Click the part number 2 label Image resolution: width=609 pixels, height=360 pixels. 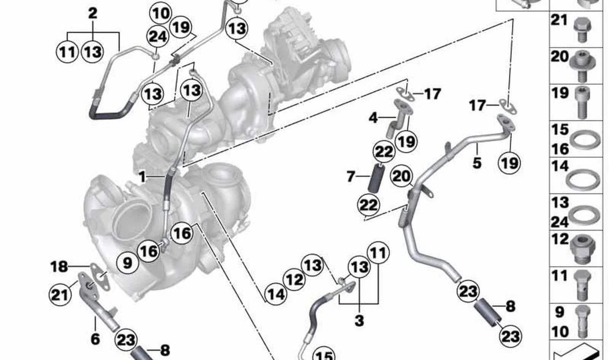click(x=93, y=13)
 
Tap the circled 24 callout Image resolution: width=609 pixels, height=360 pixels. click(x=158, y=37)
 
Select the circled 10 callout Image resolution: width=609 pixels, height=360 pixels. click(x=161, y=13)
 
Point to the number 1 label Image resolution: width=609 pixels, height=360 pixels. click(x=142, y=177)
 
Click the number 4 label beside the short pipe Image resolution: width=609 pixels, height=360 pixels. click(x=373, y=118)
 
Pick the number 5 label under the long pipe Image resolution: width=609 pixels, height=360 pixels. click(x=477, y=163)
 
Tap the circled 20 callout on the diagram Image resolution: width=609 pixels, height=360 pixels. click(x=401, y=176)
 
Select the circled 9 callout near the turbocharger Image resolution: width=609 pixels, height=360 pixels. click(x=127, y=263)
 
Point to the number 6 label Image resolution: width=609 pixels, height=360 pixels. click(x=95, y=339)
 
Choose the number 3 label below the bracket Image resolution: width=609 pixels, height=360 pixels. click(x=359, y=320)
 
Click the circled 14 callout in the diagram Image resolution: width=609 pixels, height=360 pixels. click(x=276, y=294)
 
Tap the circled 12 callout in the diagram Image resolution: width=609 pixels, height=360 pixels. click(x=294, y=280)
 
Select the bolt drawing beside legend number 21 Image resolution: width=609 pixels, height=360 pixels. click(x=582, y=30)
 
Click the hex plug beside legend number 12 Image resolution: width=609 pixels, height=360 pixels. click(x=583, y=249)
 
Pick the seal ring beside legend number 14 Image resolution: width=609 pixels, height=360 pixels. click(x=583, y=180)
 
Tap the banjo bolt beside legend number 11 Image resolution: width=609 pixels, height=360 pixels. click(x=583, y=285)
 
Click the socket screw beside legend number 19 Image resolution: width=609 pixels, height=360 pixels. click(x=582, y=102)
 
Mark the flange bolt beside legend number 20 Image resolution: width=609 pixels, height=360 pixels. click(x=582, y=67)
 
